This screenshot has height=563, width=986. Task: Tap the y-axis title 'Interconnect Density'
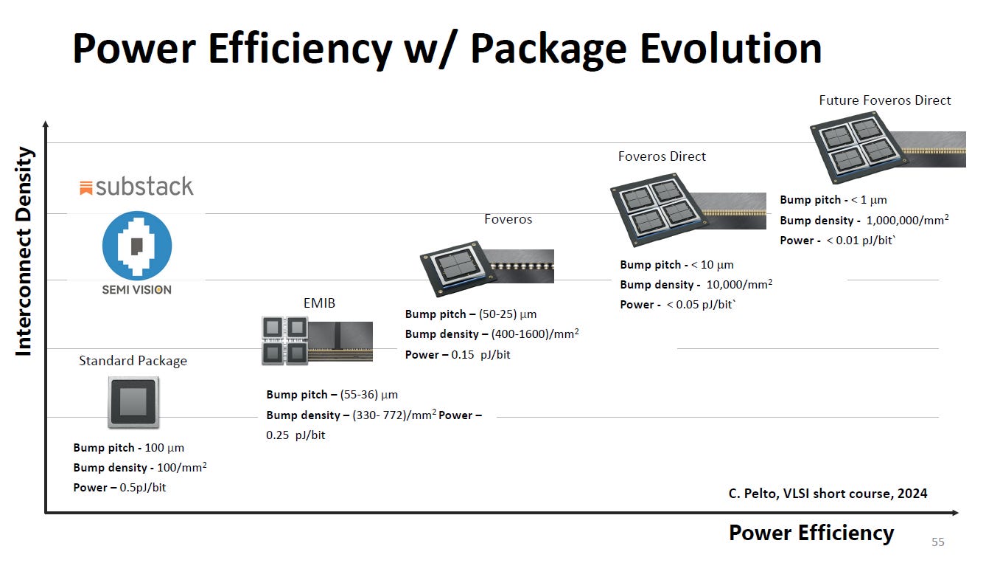[24, 252]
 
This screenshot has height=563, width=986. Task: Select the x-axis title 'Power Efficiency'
[811, 533]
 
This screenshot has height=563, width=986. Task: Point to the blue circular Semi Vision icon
[136, 245]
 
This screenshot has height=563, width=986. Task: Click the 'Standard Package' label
[133, 361]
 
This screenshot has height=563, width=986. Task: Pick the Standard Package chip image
[133, 402]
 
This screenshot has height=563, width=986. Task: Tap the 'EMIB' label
[319, 303]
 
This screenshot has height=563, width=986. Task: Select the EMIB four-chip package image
[284, 340]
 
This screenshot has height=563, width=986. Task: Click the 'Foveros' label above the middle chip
[508, 219]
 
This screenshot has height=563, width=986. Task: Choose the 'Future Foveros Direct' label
[884, 100]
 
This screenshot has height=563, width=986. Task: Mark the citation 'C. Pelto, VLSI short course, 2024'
[828, 494]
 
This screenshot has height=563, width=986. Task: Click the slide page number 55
[937, 542]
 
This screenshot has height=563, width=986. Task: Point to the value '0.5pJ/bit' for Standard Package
[143, 488]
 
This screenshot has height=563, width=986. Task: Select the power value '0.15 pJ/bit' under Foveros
[480, 355]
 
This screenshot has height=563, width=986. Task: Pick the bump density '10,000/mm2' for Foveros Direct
[739, 284]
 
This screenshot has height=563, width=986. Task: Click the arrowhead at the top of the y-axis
[46, 125]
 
